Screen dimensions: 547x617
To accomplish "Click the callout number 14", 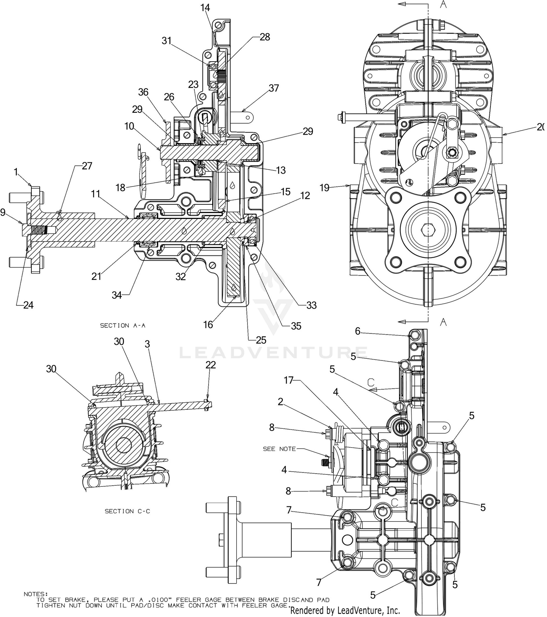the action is [x=206, y=7].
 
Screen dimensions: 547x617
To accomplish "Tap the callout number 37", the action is [x=274, y=88].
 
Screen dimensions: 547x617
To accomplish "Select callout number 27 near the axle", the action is [x=87, y=166].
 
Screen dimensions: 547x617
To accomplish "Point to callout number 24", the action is [x=28, y=305].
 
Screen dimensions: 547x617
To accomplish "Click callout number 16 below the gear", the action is [x=208, y=324].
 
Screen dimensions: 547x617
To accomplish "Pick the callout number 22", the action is [x=211, y=365].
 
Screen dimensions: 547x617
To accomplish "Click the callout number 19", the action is [x=324, y=188].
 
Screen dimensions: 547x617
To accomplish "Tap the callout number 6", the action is [x=358, y=331].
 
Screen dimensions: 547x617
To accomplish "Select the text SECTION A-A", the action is [x=125, y=325].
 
